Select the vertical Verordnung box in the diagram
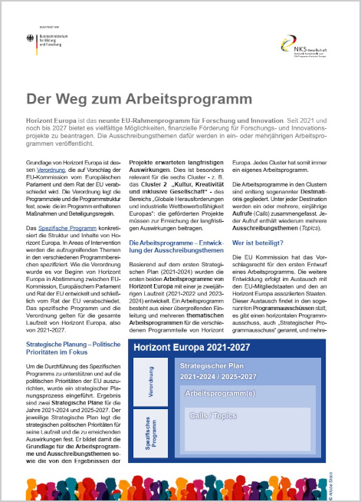coord(149,388)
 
